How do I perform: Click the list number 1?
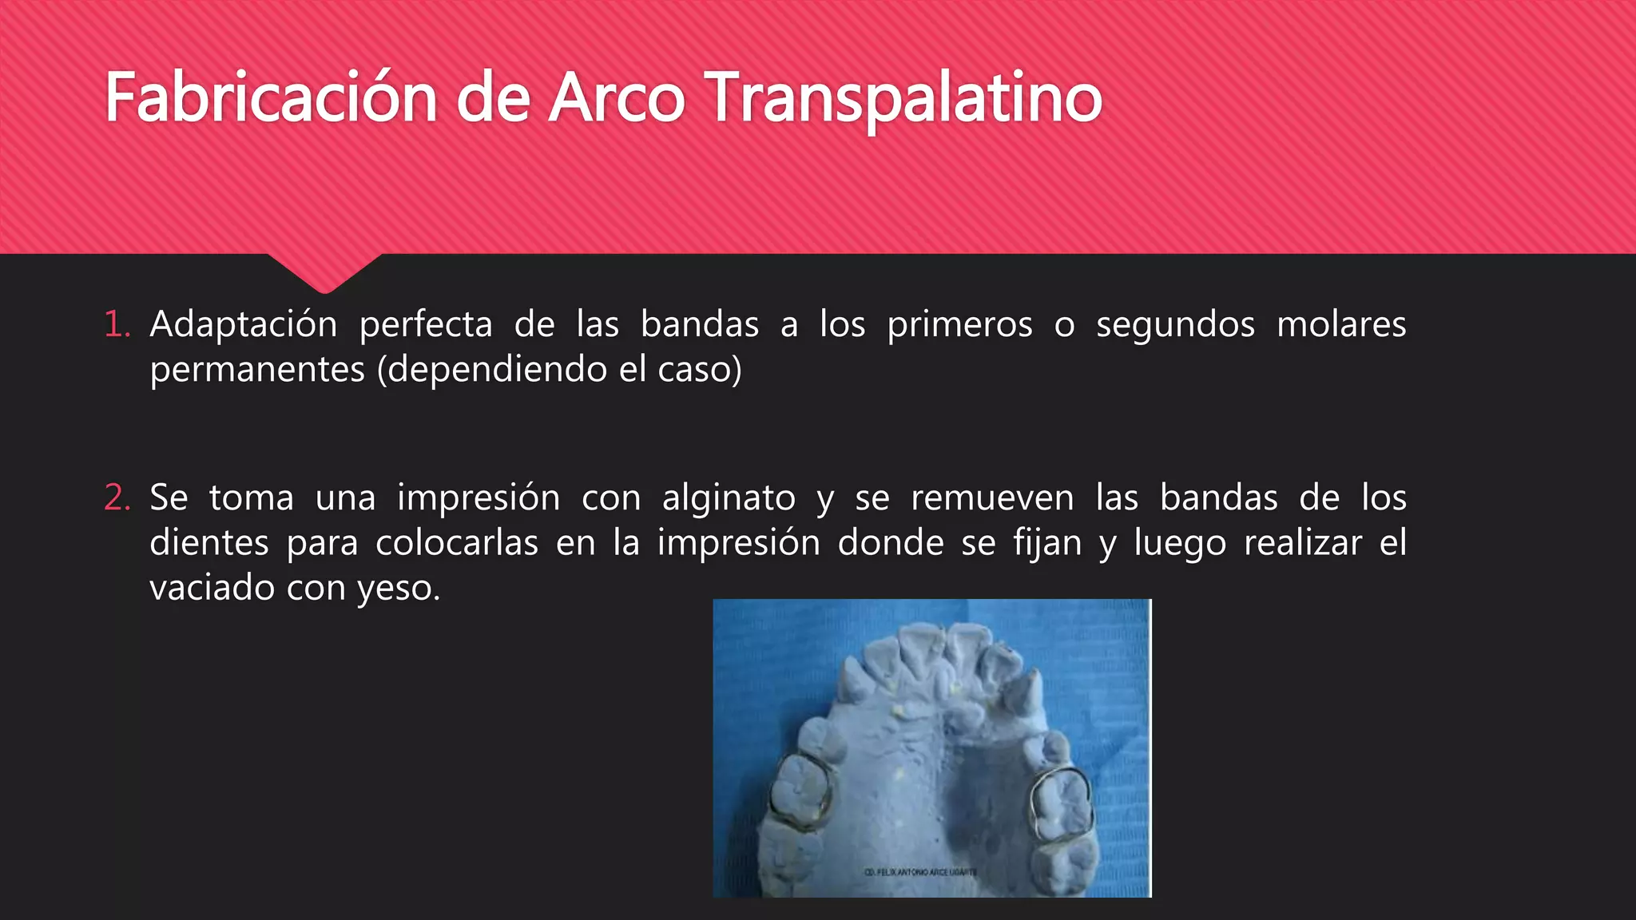click(x=116, y=324)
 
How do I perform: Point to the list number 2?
click(x=117, y=498)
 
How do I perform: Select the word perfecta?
click(x=426, y=324)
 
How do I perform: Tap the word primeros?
click(x=959, y=324)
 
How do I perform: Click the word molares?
click(x=1341, y=324)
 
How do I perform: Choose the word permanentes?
click(x=257, y=370)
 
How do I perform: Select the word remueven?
click(x=992, y=498)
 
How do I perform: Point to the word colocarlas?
click(x=457, y=543)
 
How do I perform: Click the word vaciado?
click(x=212, y=589)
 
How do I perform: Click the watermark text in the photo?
click(x=920, y=872)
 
